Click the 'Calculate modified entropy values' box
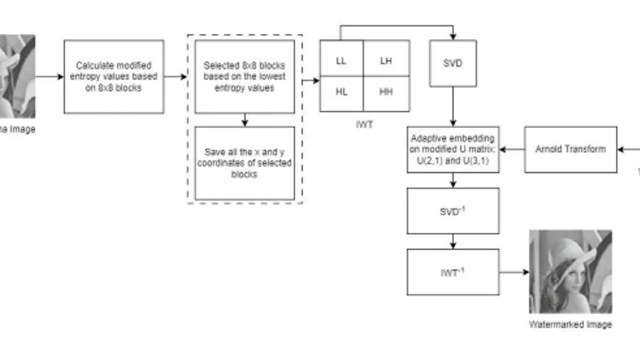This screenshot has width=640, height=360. (x=113, y=76)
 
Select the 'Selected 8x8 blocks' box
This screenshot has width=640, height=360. (x=244, y=76)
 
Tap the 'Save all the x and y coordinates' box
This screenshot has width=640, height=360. (x=244, y=162)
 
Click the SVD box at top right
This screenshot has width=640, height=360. (x=453, y=63)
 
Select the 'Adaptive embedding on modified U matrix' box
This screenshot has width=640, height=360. (x=453, y=149)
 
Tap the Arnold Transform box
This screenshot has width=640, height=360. (x=570, y=149)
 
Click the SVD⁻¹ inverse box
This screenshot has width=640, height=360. (x=453, y=211)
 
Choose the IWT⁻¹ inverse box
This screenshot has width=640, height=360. (x=453, y=272)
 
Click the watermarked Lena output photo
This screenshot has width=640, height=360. (x=570, y=272)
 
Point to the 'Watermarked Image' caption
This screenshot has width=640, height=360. (x=570, y=325)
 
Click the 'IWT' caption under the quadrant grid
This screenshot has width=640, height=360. (x=364, y=124)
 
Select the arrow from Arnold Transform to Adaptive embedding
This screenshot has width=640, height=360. (x=512, y=149)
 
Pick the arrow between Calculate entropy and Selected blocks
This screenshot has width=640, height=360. (x=176, y=76)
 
